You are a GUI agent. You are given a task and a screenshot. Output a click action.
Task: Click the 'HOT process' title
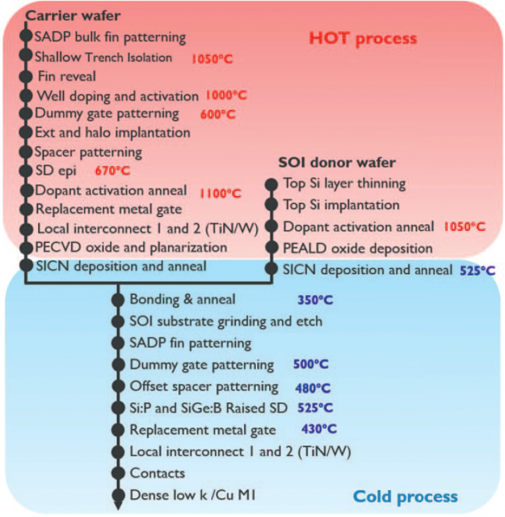[x=362, y=38]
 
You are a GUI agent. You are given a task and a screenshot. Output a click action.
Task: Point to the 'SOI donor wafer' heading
[x=329, y=162]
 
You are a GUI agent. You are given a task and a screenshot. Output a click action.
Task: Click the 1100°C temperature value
[x=220, y=193]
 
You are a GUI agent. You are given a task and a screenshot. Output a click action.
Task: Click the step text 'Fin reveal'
[x=67, y=76]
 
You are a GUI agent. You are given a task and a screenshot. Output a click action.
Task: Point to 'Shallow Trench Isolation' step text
[x=103, y=57]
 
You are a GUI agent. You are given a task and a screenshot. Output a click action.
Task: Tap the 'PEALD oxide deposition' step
[x=358, y=248]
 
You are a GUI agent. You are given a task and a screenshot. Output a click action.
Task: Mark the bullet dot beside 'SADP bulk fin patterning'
[x=26, y=35]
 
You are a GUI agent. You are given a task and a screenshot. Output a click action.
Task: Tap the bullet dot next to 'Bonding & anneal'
[x=118, y=300]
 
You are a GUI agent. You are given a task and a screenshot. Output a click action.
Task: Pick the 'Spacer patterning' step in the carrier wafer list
[x=88, y=152]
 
